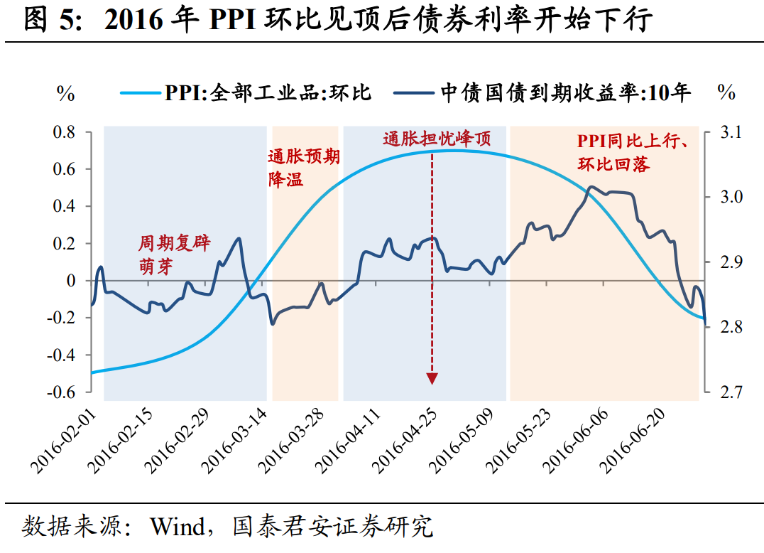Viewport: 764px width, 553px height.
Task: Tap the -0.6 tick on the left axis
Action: pos(62,392)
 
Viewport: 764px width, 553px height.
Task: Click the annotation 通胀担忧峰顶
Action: pos(437,139)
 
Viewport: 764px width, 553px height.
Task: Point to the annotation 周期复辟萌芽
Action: pos(174,254)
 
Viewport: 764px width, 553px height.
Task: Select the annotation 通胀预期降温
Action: pos(303,168)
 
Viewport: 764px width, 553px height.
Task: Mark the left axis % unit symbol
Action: pos(66,93)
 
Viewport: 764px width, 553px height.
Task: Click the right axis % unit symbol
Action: pos(726,93)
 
